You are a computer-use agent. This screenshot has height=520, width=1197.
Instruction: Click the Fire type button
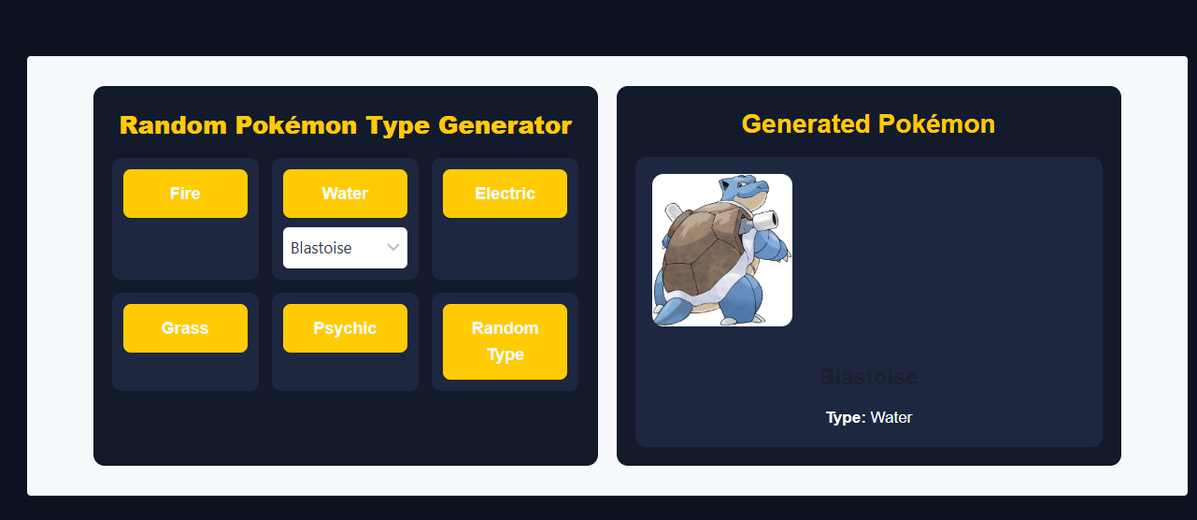(x=185, y=194)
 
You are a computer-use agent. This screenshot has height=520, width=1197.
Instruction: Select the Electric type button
(x=505, y=194)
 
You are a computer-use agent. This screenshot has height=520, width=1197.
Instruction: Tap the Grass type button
(x=185, y=328)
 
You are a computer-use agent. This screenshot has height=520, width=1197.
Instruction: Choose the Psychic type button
(x=345, y=328)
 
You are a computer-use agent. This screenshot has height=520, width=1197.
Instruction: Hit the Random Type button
(x=505, y=341)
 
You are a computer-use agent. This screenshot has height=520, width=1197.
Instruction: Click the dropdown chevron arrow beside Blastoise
(x=393, y=248)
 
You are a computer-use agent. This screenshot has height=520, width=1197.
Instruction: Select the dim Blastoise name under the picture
(x=868, y=377)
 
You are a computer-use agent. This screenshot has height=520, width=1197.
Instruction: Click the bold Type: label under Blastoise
(x=846, y=417)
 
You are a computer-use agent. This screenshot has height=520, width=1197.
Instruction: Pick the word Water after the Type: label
(x=891, y=417)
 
